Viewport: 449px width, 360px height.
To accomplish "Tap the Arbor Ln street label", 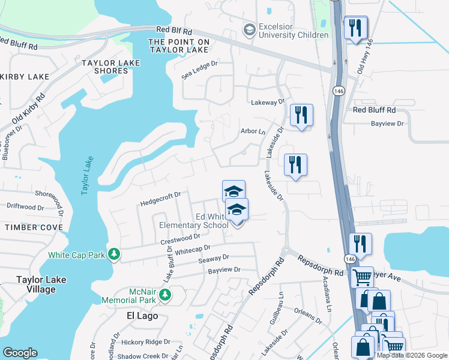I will point(252,131).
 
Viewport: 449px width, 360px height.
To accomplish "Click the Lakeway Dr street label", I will point(268,103).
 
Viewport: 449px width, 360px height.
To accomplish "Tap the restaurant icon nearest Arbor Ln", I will point(300,116).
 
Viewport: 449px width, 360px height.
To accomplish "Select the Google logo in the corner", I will point(20,353).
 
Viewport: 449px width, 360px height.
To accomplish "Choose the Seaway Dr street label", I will point(214,258).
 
